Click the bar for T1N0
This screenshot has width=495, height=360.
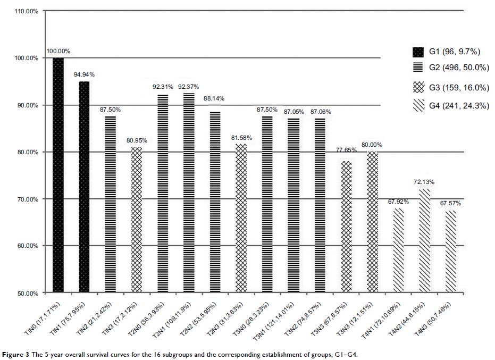pos(58,175)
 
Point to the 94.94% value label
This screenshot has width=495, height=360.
pos(84,75)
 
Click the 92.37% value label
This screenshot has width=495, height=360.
pos(188,87)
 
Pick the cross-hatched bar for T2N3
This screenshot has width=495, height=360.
pos(241,219)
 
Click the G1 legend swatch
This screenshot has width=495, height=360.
pos(418,52)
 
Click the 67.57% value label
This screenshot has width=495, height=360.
pos(450,203)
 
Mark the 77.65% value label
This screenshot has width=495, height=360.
pos(346,150)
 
